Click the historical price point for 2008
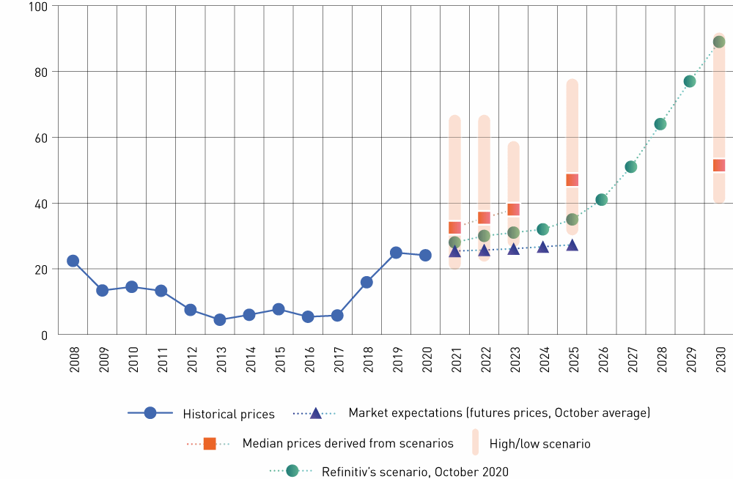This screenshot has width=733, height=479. tap(73, 261)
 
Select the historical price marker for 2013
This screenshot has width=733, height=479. tap(220, 319)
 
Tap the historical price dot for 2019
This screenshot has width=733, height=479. tap(396, 253)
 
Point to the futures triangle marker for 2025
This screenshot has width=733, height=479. tap(572, 245)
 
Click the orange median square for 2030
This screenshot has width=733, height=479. tap(719, 166)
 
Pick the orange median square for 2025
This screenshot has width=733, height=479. tap(572, 179)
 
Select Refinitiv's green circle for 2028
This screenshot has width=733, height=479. tap(660, 124)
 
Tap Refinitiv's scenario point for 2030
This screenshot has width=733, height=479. tap(719, 42)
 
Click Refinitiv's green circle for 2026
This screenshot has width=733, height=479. tap(602, 199)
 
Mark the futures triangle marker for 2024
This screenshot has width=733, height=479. tap(543, 247)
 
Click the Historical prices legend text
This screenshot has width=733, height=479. tap(229, 415)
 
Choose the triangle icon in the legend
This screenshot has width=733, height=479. tap(315, 413)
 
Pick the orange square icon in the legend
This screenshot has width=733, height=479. tap(210, 443)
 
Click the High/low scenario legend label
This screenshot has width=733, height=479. tap(539, 444)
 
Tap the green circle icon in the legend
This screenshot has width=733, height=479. tap(292, 471)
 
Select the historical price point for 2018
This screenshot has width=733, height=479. tap(366, 282)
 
